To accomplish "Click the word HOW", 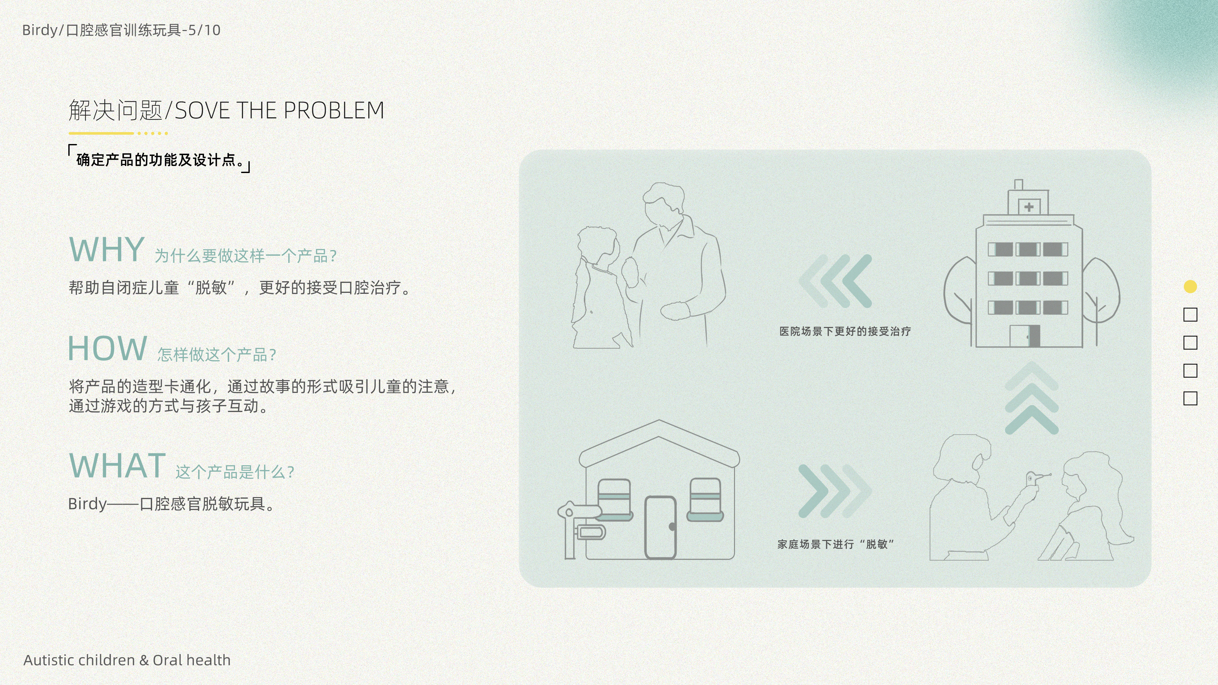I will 107,349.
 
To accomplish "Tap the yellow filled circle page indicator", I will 1190,286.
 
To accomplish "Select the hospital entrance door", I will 1025,336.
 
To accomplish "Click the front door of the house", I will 661,527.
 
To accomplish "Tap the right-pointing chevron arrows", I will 835,490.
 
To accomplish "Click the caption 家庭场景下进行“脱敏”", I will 836,544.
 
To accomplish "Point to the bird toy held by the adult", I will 1032,479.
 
